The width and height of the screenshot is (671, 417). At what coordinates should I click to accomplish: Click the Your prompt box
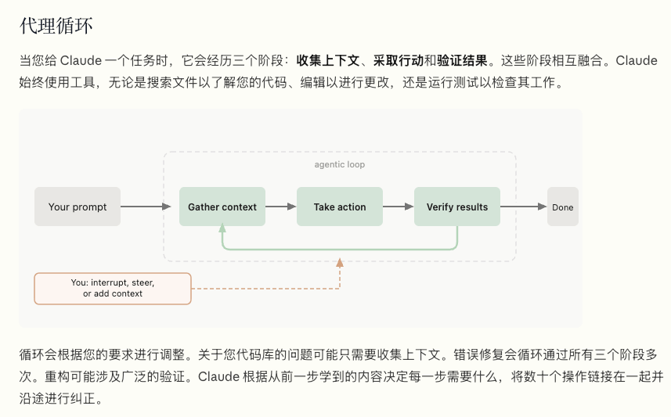click(x=78, y=207)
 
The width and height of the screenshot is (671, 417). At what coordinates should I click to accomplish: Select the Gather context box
click(x=222, y=207)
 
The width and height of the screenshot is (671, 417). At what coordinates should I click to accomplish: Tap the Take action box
click(x=340, y=207)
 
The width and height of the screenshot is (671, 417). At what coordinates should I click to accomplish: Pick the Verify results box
click(x=457, y=207)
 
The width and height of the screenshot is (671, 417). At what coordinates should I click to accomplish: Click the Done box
click(x=562, y=207)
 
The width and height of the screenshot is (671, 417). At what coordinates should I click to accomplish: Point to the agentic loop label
click(x=340, y=165)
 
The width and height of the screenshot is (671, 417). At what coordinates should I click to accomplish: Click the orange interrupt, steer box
click(x=113, y=288)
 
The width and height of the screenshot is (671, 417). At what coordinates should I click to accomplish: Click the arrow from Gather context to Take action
click(x=281, y=207)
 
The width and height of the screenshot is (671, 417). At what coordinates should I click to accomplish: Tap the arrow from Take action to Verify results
click(x=398, y=207)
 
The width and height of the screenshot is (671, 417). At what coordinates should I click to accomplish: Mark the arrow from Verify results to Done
click(x=523, y=207)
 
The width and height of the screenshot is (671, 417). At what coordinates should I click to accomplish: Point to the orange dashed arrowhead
click(x=340, y=263)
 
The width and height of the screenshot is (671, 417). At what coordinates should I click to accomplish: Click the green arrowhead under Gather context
click(x=222, y=228)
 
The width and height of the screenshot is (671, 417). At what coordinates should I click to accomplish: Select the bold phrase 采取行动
click(x=398, y=60)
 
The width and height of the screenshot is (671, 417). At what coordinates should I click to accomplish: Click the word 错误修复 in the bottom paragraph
click(x=474, y=355)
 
